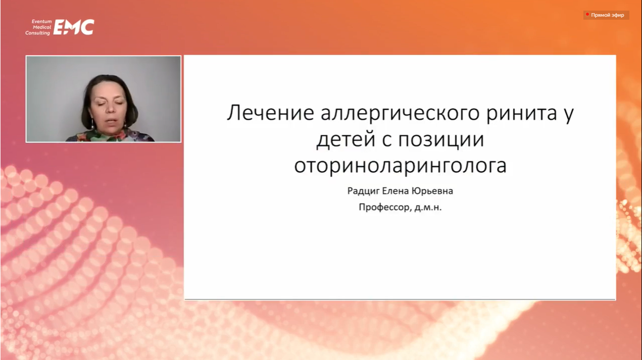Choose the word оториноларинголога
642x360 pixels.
tap(401, 166)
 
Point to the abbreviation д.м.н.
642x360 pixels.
tap(428, 208)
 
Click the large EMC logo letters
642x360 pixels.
tap(74, 27)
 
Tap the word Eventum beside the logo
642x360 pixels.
tap(41, 22)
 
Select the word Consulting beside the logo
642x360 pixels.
tap(37, 33)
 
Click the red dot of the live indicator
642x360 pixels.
tap(587, 14)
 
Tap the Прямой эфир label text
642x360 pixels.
tap(608, 15)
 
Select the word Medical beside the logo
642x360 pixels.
tap(42, 27)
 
